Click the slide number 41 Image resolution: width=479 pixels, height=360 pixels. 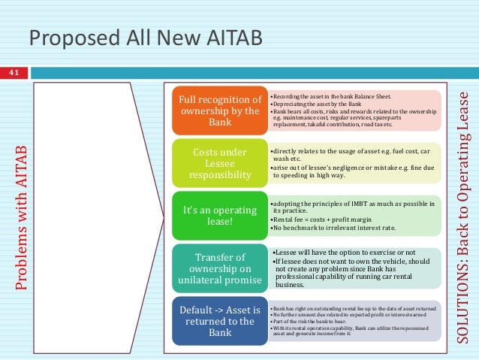[13, 72]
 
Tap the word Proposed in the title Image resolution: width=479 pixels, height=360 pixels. [68, 37]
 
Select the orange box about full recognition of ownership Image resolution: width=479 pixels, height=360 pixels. [219, 110]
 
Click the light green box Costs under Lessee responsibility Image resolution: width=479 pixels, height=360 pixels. [219, 163]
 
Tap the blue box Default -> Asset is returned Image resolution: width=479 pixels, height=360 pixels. [219, 321]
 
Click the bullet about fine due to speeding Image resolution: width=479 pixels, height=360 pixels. [345, 171]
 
